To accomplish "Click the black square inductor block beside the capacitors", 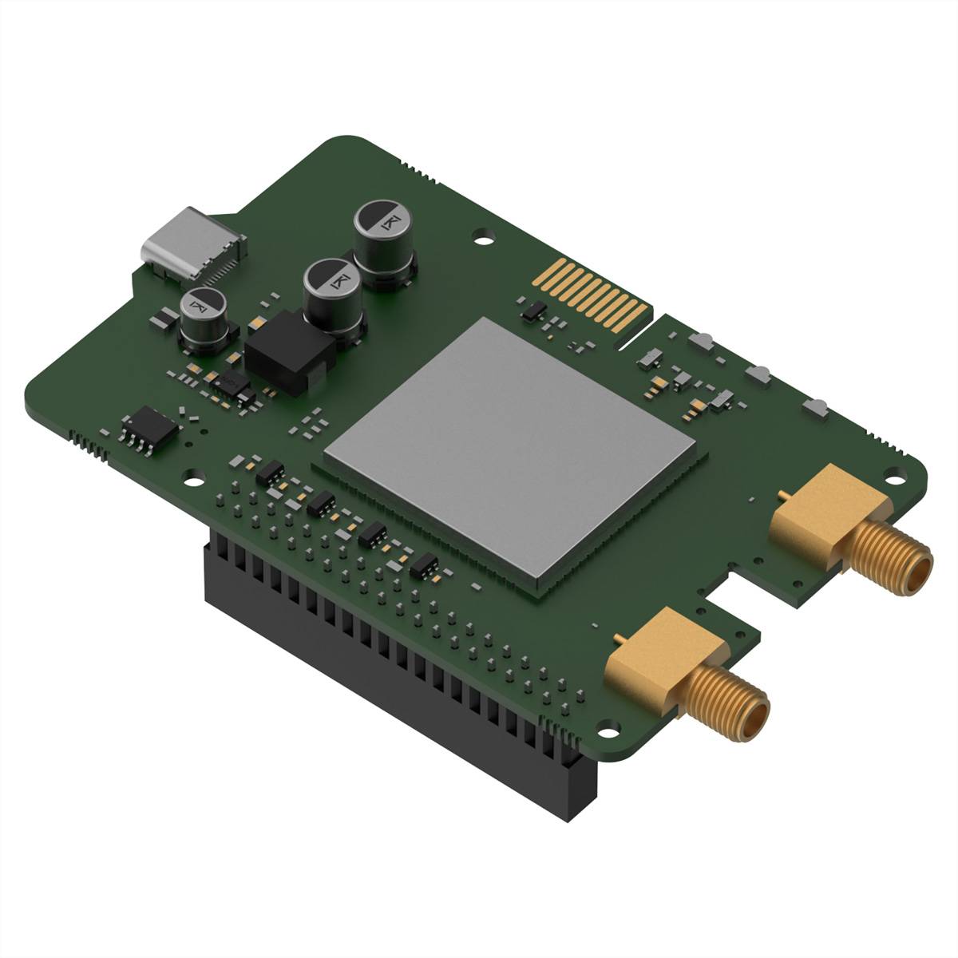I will pyautogui.click(x=289, y=356).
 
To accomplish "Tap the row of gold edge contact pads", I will pyautogui.click(x=599, y=299).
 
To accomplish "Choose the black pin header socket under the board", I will pyautogui.click(x=383, y=639).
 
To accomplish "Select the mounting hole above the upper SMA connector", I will pyautogui.click(x=900, y=477).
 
